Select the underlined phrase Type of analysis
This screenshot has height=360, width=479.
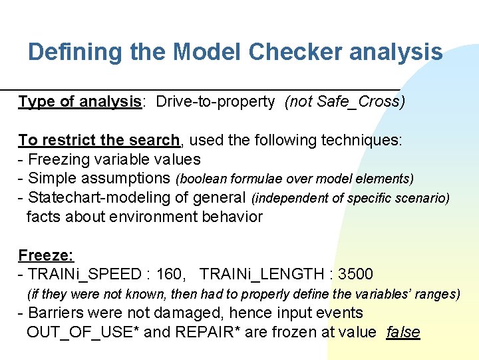pyautogui.click(x=79, y=102)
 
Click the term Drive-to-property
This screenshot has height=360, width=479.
pyautogui.click(x=215, y=102)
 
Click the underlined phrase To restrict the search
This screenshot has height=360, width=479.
pyautogui.click(x=98, y=140)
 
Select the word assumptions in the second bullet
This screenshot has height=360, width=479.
pyautogui.click(x=132, y=179)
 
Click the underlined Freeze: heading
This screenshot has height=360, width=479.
pyautogui.click(x=46, y=255)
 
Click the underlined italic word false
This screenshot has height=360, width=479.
pyautogui.click(x=403, y=332)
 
